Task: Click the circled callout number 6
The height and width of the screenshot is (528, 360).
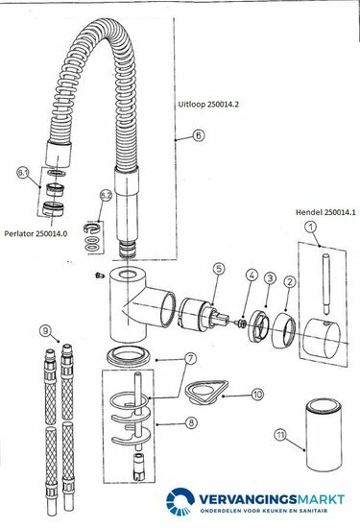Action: pyautogui.click(x=199, y=135)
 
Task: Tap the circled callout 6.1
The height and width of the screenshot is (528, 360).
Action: pyautogui.click(x=23, y=173)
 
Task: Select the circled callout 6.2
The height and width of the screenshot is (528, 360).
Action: pyautogui.click(x=106, y=196)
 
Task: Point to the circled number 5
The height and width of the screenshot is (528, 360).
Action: pyautogui.click(x=219, y=269)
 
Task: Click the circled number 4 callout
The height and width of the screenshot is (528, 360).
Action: pyautogui.click(x=252, y=275)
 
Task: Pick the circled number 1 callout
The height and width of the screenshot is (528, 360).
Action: pyautogui.click(x=311, y=227)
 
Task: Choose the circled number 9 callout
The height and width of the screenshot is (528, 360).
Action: pyautogui.click(x=45, y=330)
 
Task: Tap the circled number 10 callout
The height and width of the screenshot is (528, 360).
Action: pyautogui.click(x=257, y=395)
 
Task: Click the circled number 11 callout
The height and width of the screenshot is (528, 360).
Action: pyautogui.click(x=280, y=435)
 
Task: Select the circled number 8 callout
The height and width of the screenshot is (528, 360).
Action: pyautogui.click(x=191, y=422)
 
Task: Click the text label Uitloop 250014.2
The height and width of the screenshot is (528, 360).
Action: pyautogui.click(x=208, y=105)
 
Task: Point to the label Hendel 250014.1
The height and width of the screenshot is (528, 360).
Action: pyautogui.click(x=325, y=212)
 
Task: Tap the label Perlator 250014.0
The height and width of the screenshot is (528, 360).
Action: pyautogui.click(x=36, y=233)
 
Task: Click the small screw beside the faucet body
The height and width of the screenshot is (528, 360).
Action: pyautogui.click(x=99, y=276)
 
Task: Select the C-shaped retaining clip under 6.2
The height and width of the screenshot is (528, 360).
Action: pyautogui.click(x=91, y=228)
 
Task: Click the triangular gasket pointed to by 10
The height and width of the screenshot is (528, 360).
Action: pyautogui.click(x=206, y=392)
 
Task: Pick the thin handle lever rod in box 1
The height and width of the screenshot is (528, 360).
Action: pyautogui.click(x=326, y=284)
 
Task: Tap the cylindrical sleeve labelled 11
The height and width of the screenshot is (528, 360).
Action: pyautogui.click(x=324, y=436)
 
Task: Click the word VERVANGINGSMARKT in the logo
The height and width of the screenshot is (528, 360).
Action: pyautogui.click(x=272, y=499)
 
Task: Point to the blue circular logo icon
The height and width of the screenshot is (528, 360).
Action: pyautogui.click(x=180, y=501)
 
